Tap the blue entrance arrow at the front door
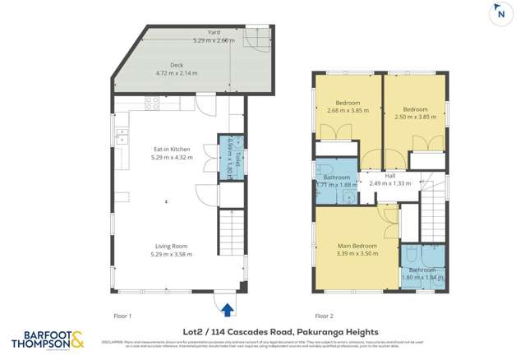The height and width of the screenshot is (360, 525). [227, 308]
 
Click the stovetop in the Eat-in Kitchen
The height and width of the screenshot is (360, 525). [152, 104]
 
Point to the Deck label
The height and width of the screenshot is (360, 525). [177, 64]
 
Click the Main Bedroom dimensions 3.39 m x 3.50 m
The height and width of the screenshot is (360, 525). [357, 254]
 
